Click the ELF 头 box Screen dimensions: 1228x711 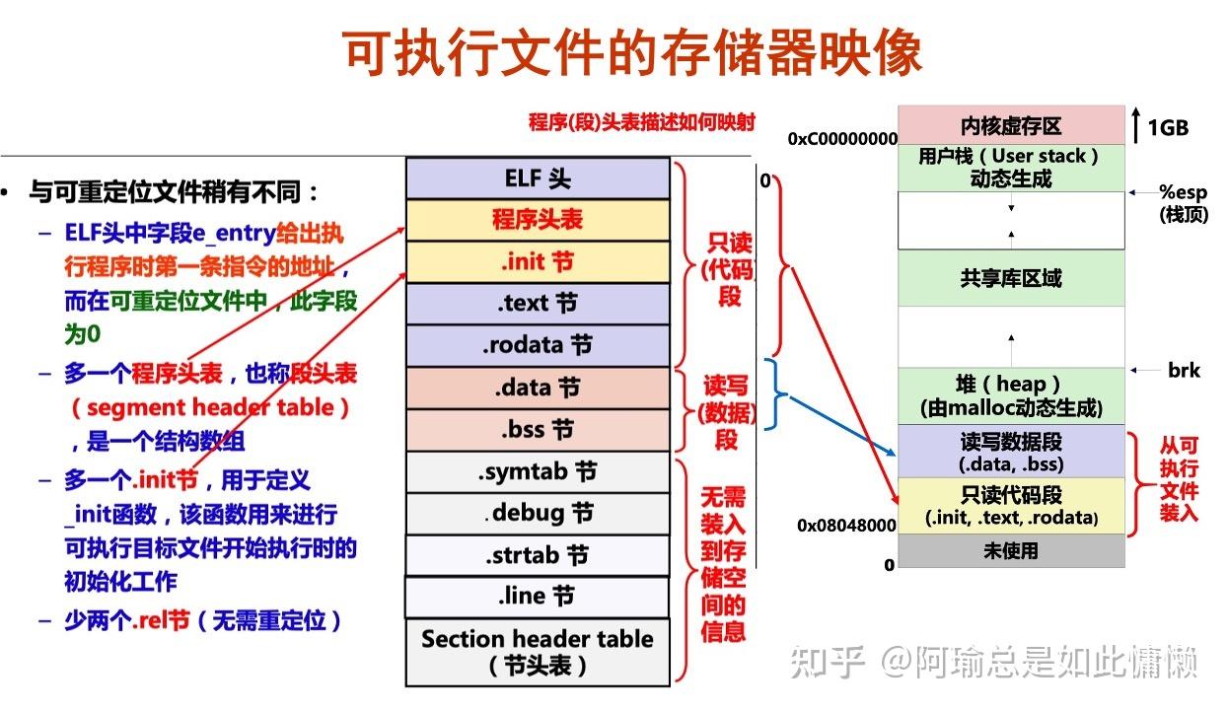coord(538,178)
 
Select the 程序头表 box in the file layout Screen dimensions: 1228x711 coord(538,220)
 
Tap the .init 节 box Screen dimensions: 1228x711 coord(538,262)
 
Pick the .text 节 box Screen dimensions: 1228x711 coord(538,304)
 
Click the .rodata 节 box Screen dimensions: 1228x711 coord(538,346)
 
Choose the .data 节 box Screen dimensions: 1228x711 coord(538,388)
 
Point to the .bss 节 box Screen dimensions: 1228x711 coord(538,430)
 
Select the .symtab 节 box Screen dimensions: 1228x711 coord(538,472)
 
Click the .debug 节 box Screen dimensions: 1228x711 coord(538,514)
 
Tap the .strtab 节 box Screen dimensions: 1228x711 coord(538,555)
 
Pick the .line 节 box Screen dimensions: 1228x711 coord(538,597)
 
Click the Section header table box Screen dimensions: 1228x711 coord(538,651)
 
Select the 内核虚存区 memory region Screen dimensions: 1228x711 coord(1011,126)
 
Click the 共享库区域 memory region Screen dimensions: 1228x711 coord(1011,278)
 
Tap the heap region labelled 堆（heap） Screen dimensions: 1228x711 coord(1011,395)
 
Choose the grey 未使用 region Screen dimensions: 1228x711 coord(1011,550)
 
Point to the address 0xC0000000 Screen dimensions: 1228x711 coord(842,140)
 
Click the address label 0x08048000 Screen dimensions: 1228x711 coord(846,527)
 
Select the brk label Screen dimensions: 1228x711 coord(1184,371)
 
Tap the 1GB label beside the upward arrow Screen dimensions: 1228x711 coord(1168,127)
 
